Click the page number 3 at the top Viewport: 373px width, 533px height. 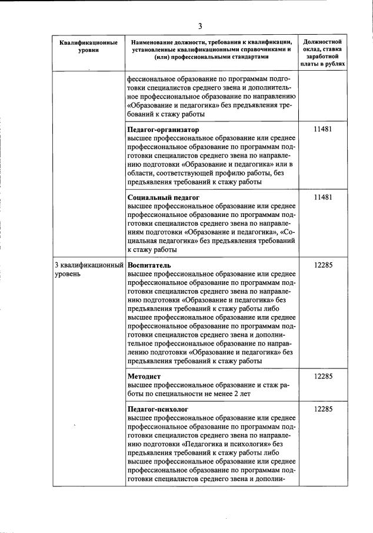(199, 26)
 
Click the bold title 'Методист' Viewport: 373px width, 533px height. (144, 376)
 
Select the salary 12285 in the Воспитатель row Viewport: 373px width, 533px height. (322, 265)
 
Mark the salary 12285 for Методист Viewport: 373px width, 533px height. (322, 376)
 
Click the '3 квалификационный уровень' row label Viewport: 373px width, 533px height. (88, 269)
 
